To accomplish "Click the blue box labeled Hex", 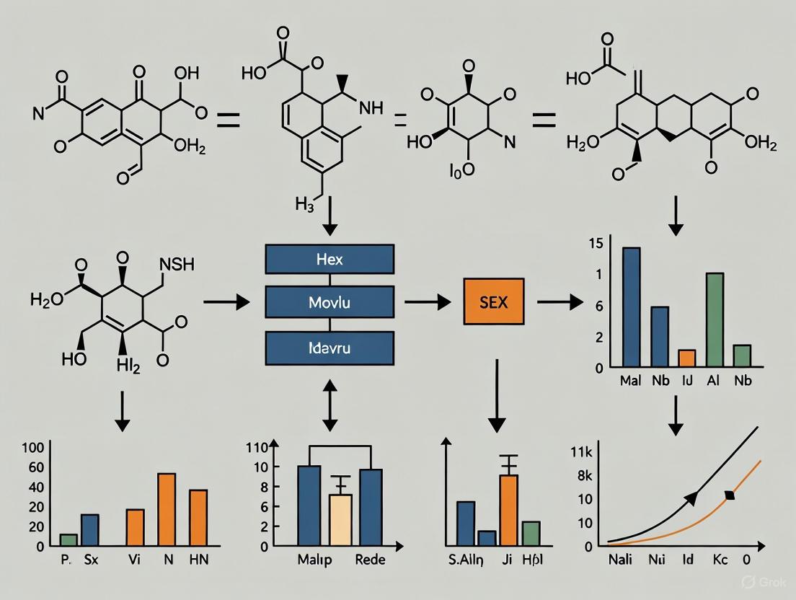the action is pos(330,259).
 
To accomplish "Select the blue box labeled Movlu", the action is pos(330,302).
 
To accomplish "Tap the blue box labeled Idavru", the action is pos(330,348).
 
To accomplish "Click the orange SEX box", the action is pos(493,302).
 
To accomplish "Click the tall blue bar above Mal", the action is pos(631,306).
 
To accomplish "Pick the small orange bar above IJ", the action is pos(687,358).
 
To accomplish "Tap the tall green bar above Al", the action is pos(715,319).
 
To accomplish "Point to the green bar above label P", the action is pos(68,539).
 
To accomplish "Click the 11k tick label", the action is pos(581,453).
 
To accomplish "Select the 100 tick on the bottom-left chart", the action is pos(34,447).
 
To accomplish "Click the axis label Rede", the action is pos(371,560).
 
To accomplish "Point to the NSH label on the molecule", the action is pos(177,265).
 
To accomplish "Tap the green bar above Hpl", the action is pos(531,532).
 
